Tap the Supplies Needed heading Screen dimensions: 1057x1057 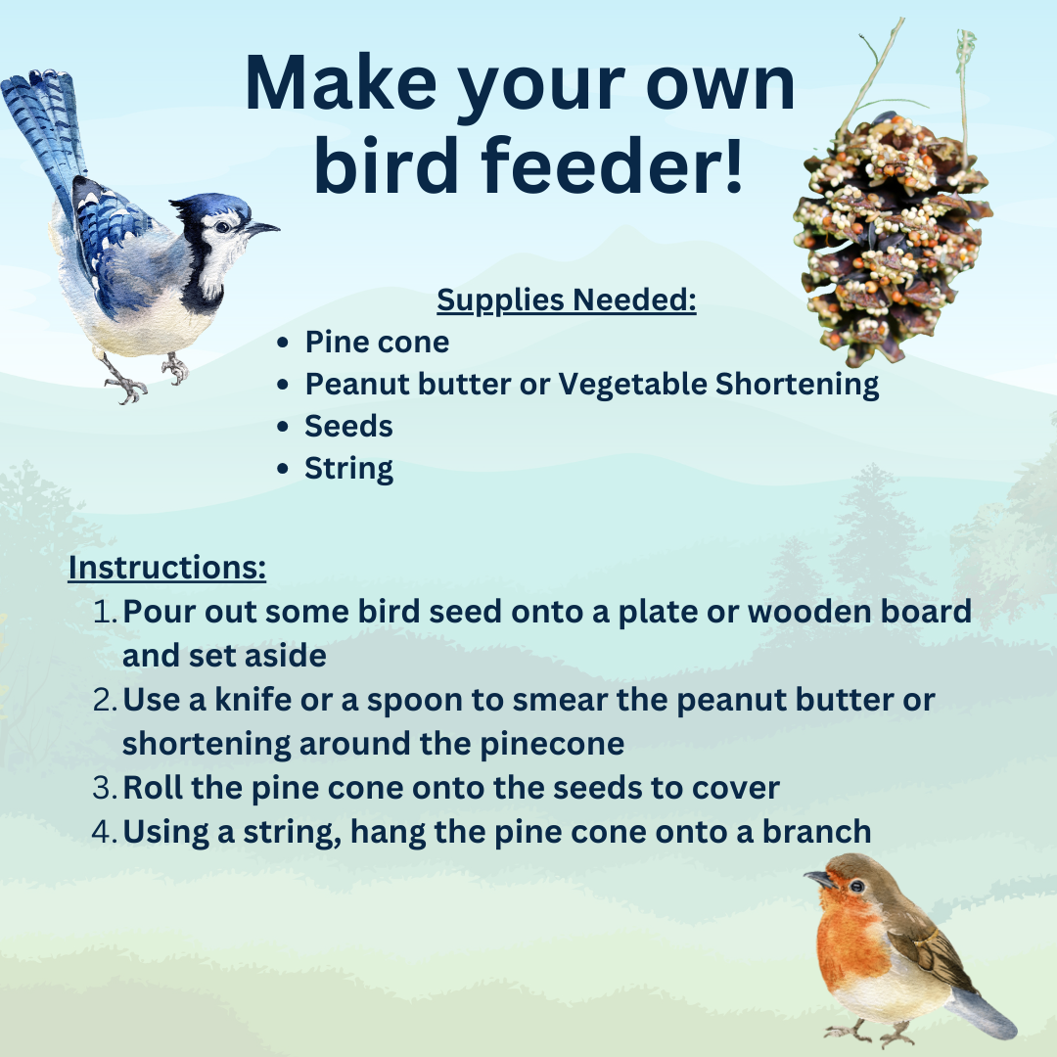tap(566, 299)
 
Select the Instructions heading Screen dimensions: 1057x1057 tap(166, 568)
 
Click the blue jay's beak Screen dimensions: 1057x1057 tap(262, 229)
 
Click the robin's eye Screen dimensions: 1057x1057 tap(856, 886)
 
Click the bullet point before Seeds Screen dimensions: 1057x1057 tap(283, 427)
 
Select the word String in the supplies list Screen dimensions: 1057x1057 tap(348, 469)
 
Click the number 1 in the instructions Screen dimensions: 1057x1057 tap(105, 613)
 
